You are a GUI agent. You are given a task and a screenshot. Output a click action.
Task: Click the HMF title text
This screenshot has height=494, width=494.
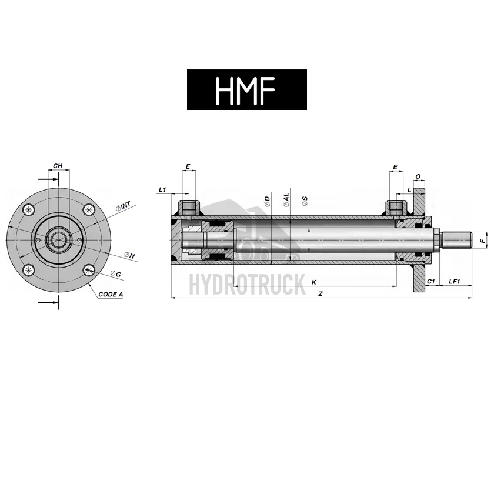(245, 90)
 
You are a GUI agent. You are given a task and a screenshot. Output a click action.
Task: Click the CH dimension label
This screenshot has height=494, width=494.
(58, 166)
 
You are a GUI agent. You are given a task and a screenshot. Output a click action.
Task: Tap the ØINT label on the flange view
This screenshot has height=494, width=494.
(123, 206)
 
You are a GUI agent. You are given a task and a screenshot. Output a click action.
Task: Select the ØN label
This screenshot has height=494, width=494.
(129, 255)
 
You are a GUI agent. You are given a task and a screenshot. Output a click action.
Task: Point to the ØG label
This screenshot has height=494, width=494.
(116, 274)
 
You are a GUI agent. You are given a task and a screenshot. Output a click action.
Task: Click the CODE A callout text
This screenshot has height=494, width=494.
(111, 295)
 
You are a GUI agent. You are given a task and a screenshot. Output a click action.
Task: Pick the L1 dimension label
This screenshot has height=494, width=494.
(162, 189)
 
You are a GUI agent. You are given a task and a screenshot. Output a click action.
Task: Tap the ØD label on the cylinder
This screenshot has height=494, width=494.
(267, 201)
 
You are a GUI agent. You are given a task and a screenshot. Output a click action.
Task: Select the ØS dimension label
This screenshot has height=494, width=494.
(305, 201)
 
